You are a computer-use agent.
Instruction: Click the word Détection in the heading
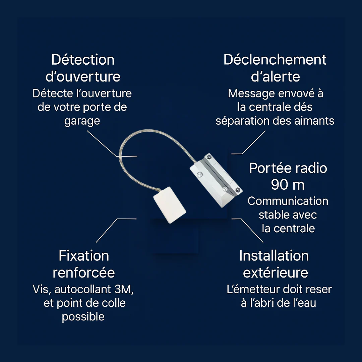coord(83,60)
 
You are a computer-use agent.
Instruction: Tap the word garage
coord(82,121)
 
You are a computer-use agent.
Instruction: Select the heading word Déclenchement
coord(275,60)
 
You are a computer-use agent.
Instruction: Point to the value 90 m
coord(288,185)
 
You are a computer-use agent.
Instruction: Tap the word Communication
coord(288,201)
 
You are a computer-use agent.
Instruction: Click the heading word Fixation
coord(84,256)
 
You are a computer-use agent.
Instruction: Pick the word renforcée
coord(84,273)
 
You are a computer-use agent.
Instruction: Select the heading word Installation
coord(274,256)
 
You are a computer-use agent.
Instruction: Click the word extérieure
coord(276,273)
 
